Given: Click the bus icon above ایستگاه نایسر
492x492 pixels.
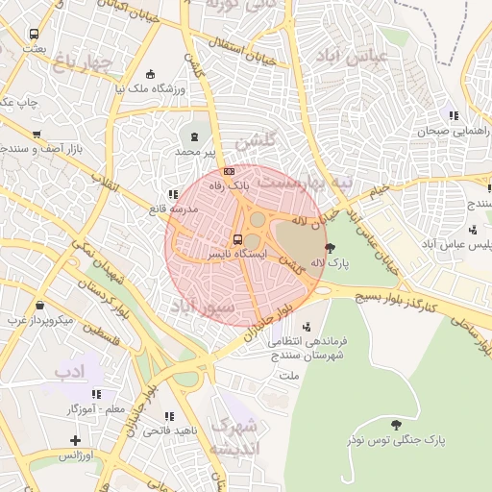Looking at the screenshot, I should [237, 239].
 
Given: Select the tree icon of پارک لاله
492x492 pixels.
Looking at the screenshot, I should [331, 247].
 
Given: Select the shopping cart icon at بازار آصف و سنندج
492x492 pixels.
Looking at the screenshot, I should [37, 135].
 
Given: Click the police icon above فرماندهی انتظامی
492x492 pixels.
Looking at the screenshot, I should [307, 325].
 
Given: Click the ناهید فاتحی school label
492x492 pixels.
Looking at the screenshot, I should [170, 430].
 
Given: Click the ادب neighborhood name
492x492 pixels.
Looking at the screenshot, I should [70, 370].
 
